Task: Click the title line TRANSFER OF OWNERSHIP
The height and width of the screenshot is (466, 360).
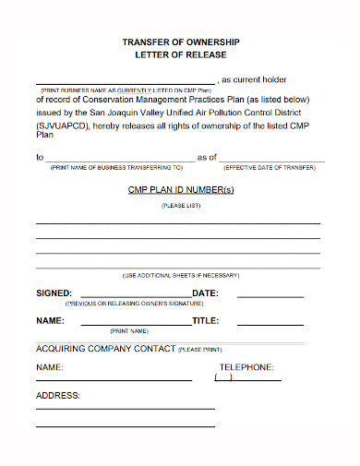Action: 180,42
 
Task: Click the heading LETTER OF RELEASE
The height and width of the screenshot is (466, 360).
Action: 180,55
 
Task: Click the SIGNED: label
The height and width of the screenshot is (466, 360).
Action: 54,293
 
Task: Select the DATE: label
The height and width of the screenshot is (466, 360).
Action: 205,293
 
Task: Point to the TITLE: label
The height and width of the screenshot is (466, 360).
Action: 205,321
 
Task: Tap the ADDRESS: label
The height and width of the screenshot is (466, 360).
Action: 57,396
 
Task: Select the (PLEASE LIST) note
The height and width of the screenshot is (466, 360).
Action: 180,206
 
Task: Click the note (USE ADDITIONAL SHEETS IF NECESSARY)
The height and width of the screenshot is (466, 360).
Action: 180,276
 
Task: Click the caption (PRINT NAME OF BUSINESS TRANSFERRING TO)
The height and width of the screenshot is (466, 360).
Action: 116,168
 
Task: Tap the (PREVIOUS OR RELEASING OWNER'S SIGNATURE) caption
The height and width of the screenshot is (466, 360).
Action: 134,303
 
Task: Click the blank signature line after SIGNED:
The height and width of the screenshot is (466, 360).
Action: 133,296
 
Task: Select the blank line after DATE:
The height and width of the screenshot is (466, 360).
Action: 270,296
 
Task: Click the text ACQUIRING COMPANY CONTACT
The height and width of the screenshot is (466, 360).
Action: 104,349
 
